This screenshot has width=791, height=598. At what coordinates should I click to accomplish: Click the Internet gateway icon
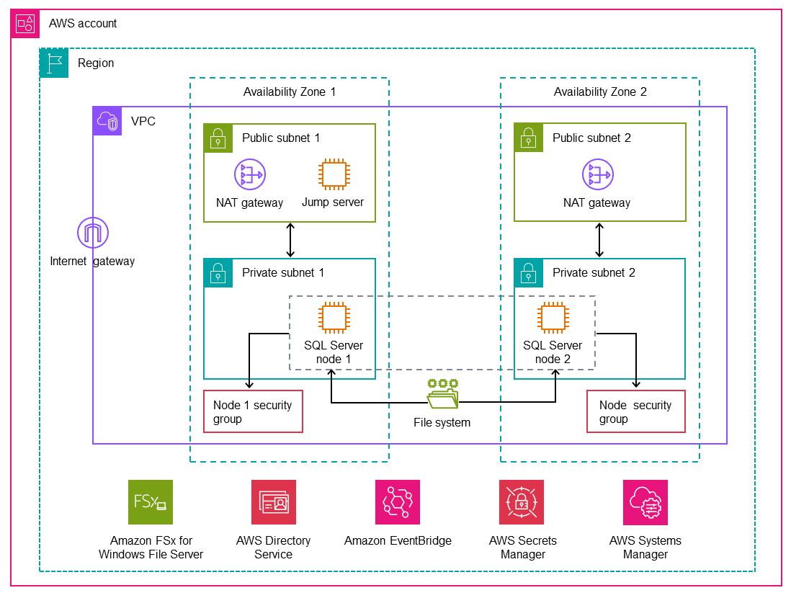point(92,233)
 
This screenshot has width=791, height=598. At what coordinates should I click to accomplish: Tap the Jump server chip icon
point(332,174)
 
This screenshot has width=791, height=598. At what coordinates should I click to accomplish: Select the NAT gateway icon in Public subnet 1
point(249,174)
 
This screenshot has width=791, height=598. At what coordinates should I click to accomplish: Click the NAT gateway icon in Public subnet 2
point(596,174)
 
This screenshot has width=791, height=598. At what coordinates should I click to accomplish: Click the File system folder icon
point(442,394)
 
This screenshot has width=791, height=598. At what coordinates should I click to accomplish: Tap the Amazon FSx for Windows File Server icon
point(151,502)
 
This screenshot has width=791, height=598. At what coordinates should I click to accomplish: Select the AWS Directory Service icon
point(273,502)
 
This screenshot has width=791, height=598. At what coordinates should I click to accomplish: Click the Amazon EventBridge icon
point(398,502)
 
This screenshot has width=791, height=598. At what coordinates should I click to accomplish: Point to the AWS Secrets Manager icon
point(522,502)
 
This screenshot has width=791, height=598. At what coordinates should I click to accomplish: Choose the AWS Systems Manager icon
point(645,502)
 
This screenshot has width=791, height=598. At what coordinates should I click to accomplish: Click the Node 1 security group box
point(253,412)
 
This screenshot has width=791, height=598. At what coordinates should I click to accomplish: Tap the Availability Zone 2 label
point(599,92)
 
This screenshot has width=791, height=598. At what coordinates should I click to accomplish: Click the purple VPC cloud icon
point(107,121)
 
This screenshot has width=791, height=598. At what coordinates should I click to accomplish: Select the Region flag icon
point(54,63)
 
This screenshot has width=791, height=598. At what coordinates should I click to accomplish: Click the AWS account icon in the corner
point(25,24)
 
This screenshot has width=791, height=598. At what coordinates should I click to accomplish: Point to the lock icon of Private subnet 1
point(218,273)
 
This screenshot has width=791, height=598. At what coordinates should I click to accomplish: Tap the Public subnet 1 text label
point(280,138)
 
